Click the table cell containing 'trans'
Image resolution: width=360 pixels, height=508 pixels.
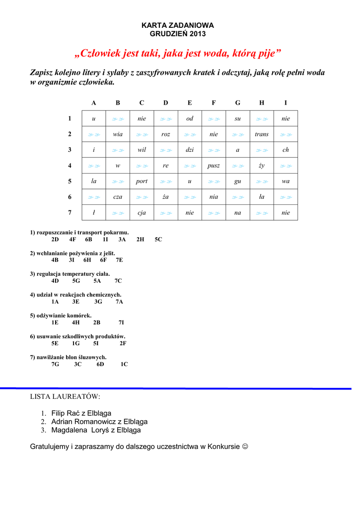pyautogui.click(x=261, y=134)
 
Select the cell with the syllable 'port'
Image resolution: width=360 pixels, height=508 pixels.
pyautogui.click(x=142, y=181)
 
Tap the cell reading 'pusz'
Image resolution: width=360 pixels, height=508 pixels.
pyautogui.click(x=214, y=166)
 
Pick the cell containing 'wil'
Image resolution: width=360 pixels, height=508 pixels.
pyautogui.click(x=142, y=150)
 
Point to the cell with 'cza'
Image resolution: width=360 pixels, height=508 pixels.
pyautogui.click(x=118, y=197)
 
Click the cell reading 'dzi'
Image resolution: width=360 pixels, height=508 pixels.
pyautogui.click(x=190, y=150)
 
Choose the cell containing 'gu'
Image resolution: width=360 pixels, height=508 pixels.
pyautogui.click(x=237, y=181)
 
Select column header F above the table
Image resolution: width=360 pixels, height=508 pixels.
pyautogui.click(x=214, y=103)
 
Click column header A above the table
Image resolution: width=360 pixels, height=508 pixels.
pyautogui.click(x=94, y=103)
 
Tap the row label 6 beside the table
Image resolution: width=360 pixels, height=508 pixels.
pyautogui.click(x=70, y=197)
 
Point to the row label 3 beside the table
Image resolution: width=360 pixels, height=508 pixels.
pyautogui.click(x=70, y=150)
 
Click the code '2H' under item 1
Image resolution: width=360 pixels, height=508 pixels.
pyautogui.click(x=140, y=239)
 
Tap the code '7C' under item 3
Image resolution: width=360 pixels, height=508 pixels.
pyautogui.click(x=118, y=281)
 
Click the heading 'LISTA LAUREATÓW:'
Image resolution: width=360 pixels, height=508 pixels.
pyautogui.click(x=65, y=397)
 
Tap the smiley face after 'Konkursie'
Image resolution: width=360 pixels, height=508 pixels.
pyautogui.click(x=245, y=447)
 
